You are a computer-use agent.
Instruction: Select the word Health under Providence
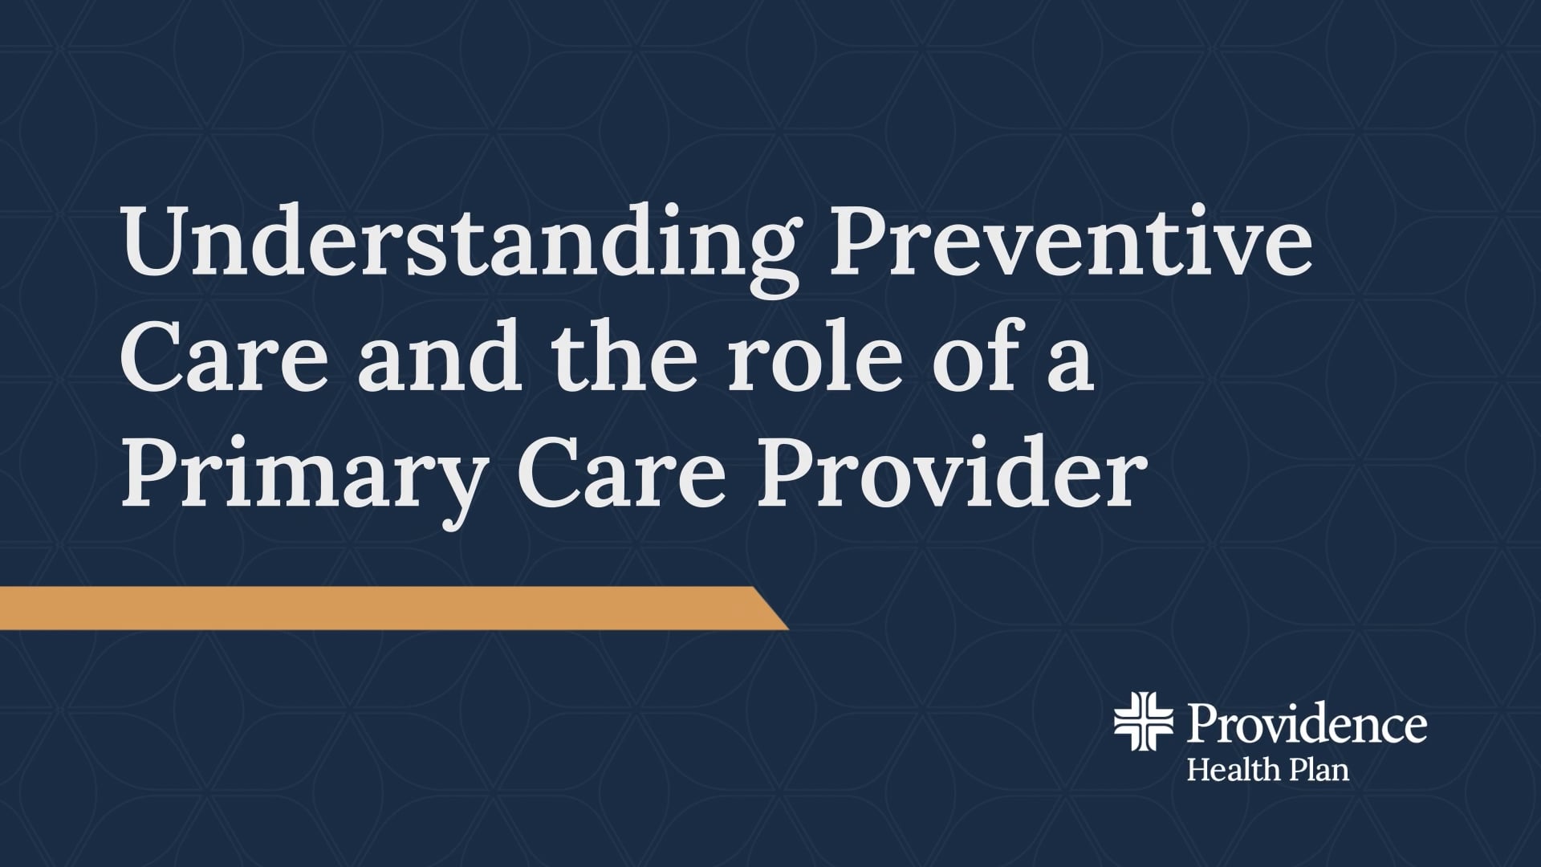[1233, 769]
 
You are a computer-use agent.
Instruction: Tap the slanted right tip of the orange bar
[788, 629]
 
